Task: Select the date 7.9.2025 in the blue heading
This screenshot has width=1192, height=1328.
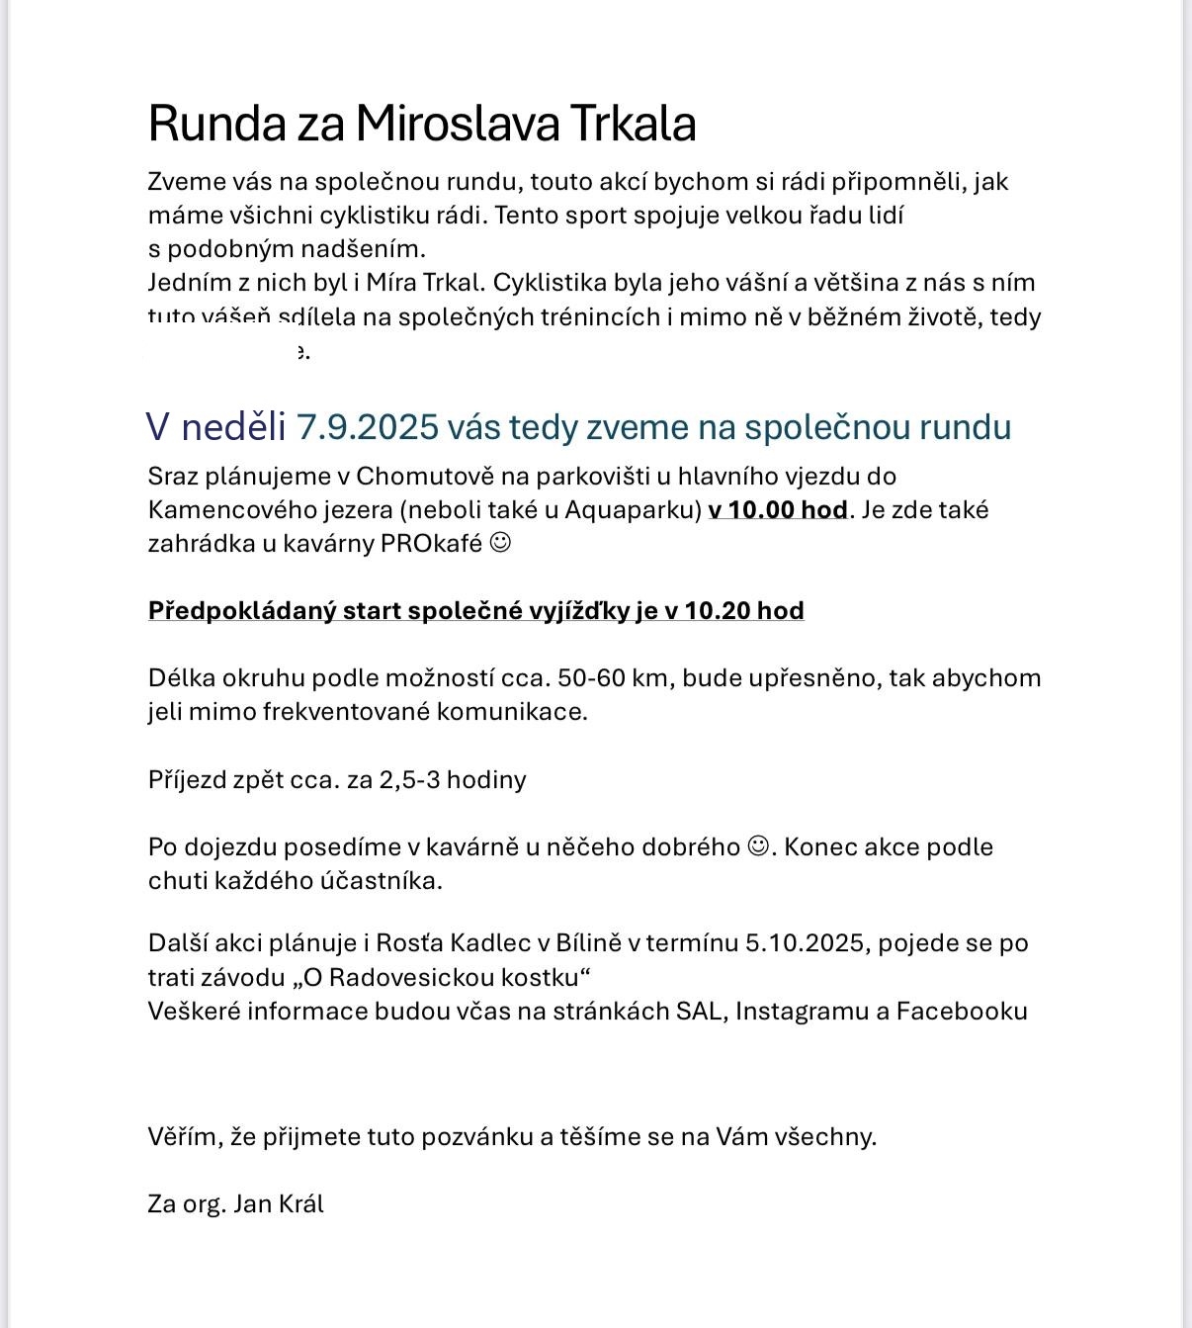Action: (x=367, y=427)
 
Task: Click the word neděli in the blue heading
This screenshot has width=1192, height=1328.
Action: (x=233, y=427)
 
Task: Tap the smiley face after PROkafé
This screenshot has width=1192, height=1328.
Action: (x=501, y=543)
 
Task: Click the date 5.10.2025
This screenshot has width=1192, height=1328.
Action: (x=808, y=943)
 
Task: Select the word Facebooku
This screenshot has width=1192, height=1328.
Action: (x=962, y=1012)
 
